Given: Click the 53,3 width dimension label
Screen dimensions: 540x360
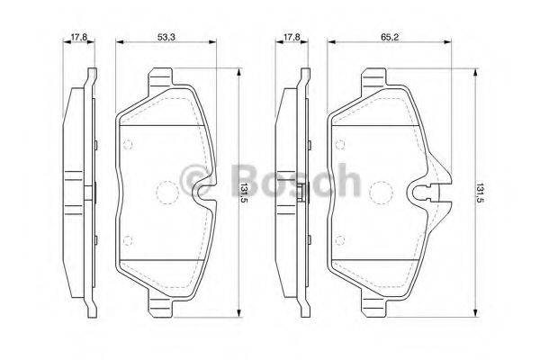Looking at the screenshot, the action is tap(166, 37).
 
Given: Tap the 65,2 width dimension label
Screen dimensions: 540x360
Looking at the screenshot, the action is tap(390, 37).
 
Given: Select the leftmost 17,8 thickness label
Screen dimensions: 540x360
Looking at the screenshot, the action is tap(79, 37).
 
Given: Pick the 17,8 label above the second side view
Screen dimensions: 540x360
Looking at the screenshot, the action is tap(292, 37).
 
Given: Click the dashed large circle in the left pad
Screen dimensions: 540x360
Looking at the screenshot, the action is tap(167, 193).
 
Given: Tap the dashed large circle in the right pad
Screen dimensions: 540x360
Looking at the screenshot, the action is tap(380, 193).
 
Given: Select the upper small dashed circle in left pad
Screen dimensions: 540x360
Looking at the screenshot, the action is tap(128, 144).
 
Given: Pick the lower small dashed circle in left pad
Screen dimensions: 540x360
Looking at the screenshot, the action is tap(128, 240).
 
